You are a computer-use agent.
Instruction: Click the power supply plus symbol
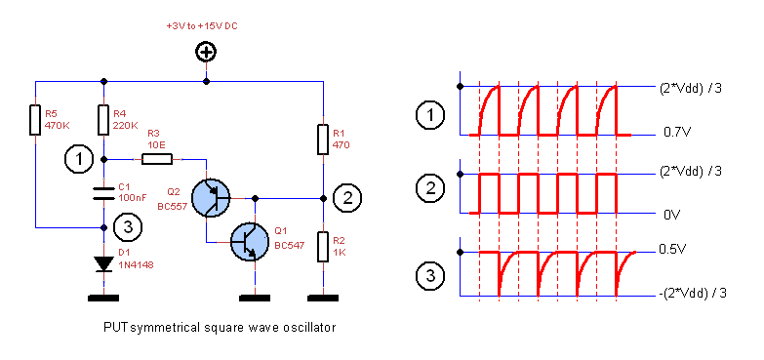pyautogui.click(x=206, y=53)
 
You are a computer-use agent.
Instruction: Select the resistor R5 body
pyautogui.click(x=35, y=120)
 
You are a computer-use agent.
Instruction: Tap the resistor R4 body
pyautogui.click(x=103, y=120)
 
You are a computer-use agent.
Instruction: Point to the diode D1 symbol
pyautogui.click(x=103, y=263)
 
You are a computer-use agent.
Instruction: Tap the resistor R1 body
pyautogui.click(x=322, y=140)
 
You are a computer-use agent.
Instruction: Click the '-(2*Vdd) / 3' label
pyautogui.click(x=695, y=292)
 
